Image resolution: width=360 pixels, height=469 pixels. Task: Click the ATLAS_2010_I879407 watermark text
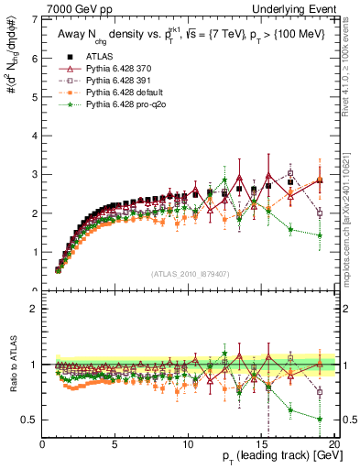click(190, 273)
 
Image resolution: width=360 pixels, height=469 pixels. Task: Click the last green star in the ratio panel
click(319, 419)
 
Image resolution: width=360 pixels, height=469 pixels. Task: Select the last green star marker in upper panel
click(319, 235)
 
